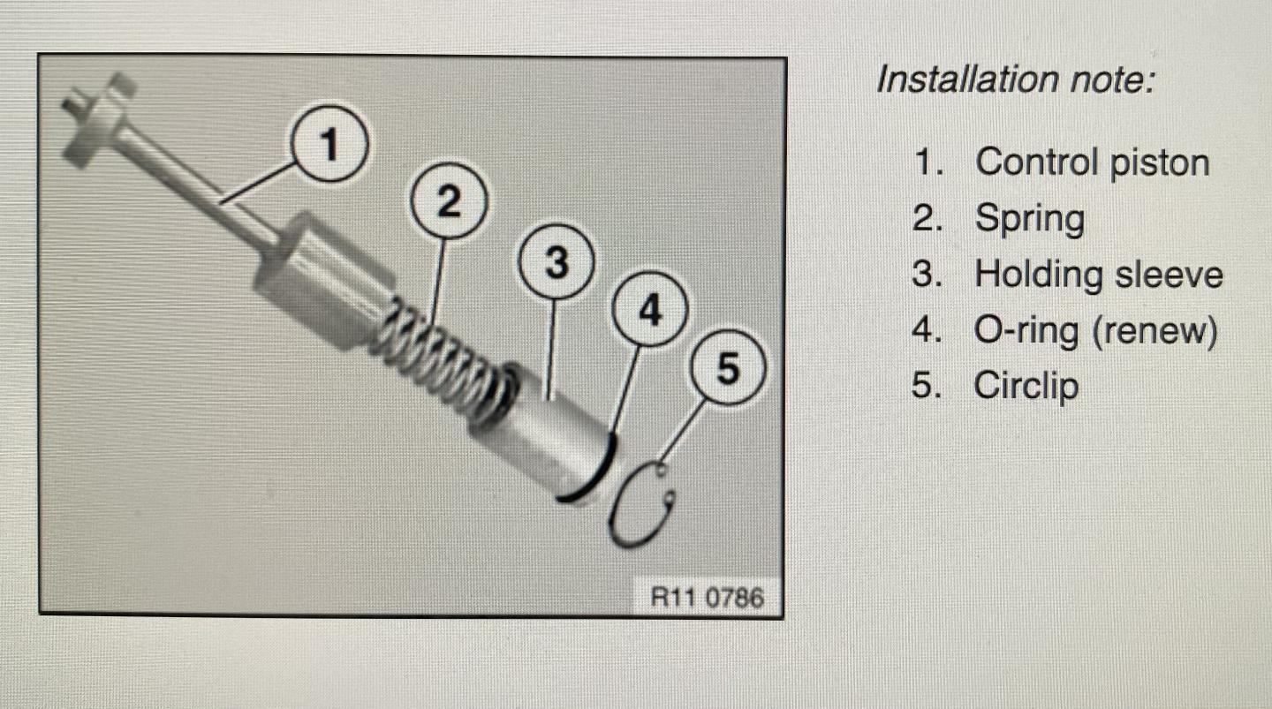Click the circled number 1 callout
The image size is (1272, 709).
coord(329,144)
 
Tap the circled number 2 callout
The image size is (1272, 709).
coord(449,201)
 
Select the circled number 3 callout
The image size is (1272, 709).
coord(556,261)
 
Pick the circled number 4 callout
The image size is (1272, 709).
coord(649,309)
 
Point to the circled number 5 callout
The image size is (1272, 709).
coord(728,368)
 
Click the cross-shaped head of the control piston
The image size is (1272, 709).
coord(98,120)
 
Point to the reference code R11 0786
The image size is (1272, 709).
coord(707,597)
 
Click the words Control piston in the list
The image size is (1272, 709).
coord(1092,162)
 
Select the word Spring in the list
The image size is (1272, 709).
coord(1030,218)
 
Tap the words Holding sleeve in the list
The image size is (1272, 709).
coord(1099,275)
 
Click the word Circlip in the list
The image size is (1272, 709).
coord(1026,386)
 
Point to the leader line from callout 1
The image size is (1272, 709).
coord(257,183)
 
